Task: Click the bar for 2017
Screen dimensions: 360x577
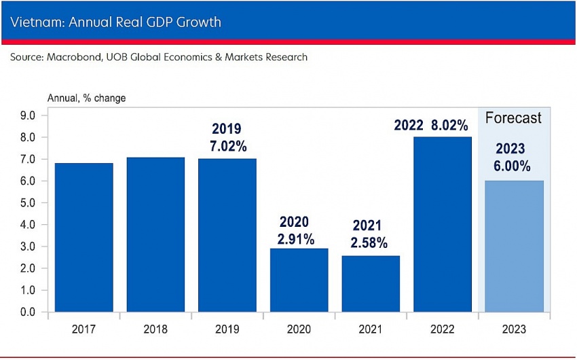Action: [83, 238]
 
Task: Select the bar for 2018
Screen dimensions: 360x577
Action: [155, 235]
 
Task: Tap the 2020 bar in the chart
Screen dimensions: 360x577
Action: [299, 280]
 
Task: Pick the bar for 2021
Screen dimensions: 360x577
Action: [371, 284]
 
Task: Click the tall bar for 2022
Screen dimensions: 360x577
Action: [442, 224]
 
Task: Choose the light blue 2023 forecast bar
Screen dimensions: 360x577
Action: [513, 246]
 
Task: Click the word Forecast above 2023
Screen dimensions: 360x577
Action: [513, 118]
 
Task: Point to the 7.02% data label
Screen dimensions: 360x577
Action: [227, 145]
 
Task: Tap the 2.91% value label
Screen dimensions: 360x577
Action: [295, 239]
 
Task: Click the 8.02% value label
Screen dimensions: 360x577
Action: [449, 126]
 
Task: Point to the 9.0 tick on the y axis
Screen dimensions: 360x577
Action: [27, 116]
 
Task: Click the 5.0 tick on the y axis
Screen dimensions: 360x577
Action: [27, 203]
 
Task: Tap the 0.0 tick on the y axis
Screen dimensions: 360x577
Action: [27, 312]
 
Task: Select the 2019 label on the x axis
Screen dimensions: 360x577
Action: [227, 329]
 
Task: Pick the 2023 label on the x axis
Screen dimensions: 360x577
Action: [513, 329]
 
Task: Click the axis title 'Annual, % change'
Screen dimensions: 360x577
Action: [86, 98]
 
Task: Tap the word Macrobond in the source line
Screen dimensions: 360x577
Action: [73, 57]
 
